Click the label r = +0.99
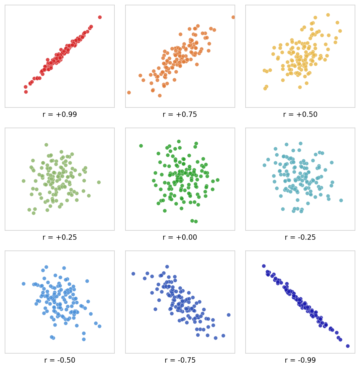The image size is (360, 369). pos(60,115)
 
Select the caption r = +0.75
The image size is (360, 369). pos(180,115)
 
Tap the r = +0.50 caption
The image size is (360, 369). pos(300,115)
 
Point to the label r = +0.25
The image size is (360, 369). pos(60,238)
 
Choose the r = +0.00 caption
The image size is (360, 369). pos(180,238)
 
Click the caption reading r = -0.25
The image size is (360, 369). pos(300,238)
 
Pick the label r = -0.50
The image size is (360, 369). pos(60,361)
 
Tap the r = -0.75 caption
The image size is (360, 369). pos(180,361)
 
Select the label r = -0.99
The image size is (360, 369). pos(300,361)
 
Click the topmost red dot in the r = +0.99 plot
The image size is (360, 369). pos(100,17)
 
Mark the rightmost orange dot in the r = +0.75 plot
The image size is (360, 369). pos(233,17)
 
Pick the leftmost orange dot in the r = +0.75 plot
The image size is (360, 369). pos(129,93)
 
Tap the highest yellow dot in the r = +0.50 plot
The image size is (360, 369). pos(328,15)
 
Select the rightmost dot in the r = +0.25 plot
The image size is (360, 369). pos(99,182)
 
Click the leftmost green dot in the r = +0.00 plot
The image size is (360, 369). pos(141,146)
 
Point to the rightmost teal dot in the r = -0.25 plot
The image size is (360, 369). pos(341,201)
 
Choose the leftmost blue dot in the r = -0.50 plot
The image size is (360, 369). pos(23,284)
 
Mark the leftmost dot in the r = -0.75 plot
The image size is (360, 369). pos(133,274)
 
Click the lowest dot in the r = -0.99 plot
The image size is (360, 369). pos(348,346)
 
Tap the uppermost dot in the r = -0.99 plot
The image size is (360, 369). pos(264,266)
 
